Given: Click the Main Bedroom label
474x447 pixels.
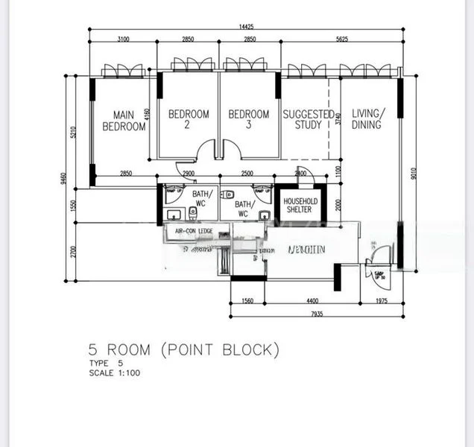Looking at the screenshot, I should click(x=124, y=121).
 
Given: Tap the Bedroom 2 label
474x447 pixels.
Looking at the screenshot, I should click(x=189, y=119).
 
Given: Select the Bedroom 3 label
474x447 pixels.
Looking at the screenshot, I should click(x=248, y=119).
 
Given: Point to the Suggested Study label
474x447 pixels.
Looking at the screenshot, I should click(x=308, y=119).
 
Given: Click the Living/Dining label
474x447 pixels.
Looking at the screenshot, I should click(x=367, y=119).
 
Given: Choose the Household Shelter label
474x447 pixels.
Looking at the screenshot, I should click(x=302, y=206).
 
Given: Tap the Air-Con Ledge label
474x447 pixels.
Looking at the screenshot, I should click(x=194, y=232).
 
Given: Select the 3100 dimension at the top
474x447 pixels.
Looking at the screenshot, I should click(x=123, y=39).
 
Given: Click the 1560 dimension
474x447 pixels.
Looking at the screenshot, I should click(x=247, y=302).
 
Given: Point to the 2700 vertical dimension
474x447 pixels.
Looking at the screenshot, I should click(x=73, y=252).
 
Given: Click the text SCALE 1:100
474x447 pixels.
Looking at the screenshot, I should click(x=113, y=372).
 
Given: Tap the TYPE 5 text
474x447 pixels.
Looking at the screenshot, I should click(x=105, y=363).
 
